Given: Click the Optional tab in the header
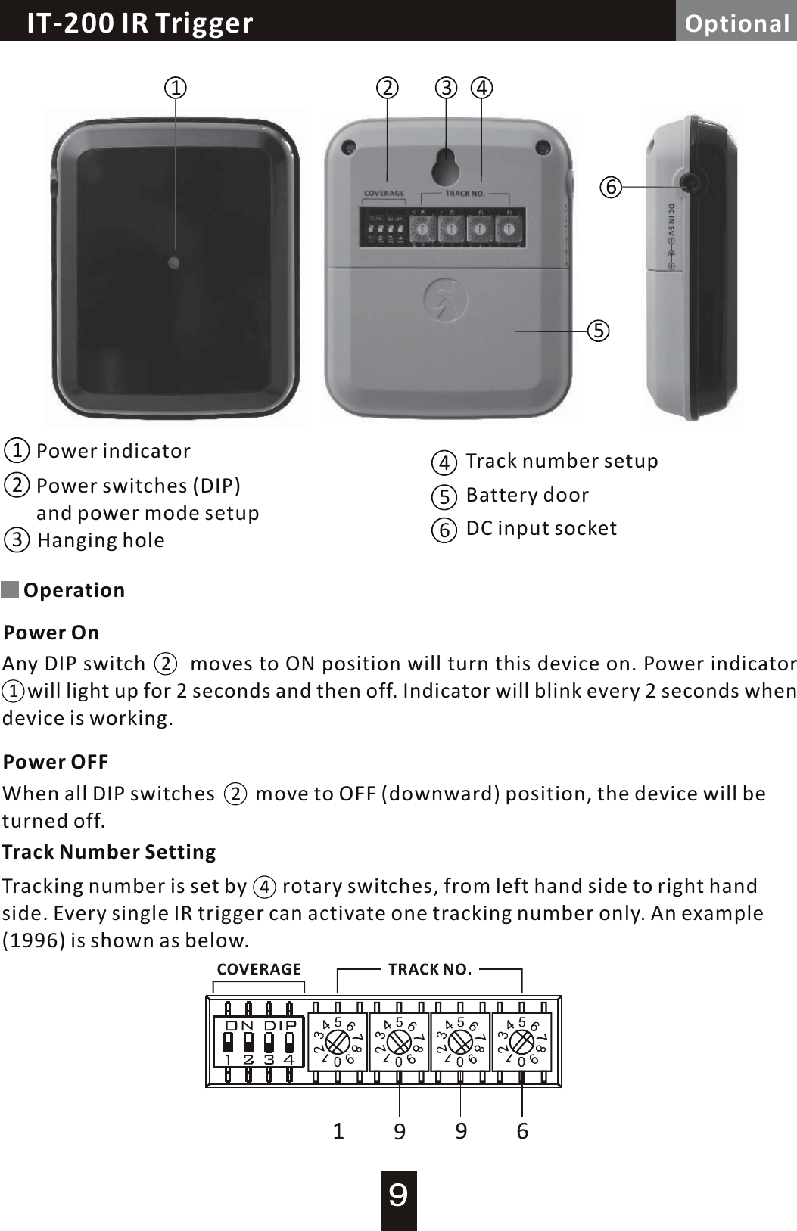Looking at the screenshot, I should [x=736, y=23].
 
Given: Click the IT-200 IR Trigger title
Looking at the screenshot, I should [x=140, y=23].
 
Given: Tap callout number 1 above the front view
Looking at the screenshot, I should [x=176, y=88].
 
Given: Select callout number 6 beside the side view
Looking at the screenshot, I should [x=611, y=186].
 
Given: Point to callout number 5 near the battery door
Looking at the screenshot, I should [x=599, y=331].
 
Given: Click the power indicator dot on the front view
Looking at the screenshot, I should [x=174, y=263].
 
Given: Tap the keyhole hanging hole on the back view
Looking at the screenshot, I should [x=446, y=166].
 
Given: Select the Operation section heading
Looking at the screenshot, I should [x=73, y=590].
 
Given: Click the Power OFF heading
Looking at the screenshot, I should [x=55, y=762].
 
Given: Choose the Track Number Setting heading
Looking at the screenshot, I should [x=109, y=852].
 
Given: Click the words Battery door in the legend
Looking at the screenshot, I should [x=527, y=495].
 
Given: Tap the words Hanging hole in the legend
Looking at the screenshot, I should [x=101, y=540].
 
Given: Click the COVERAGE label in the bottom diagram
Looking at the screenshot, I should [x=259, y=969].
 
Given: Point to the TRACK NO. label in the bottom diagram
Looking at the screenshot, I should [x=430, y=969].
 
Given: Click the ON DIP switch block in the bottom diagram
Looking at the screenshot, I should [x=258, y=1042].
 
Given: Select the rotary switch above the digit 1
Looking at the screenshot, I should [x=338, y=1043].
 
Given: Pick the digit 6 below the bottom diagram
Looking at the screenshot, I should [x=522, y=1131].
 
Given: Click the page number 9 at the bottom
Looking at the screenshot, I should [x=398, y=1195].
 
